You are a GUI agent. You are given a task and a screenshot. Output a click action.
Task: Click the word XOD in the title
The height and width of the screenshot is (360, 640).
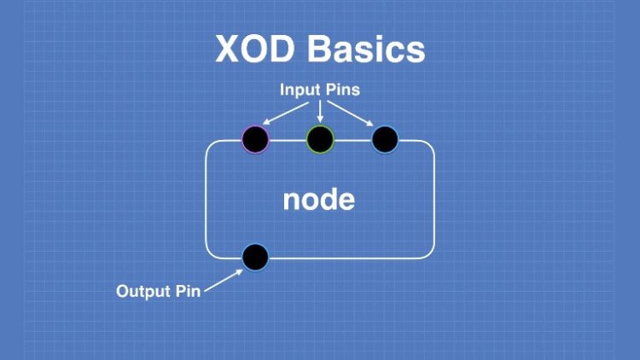256,49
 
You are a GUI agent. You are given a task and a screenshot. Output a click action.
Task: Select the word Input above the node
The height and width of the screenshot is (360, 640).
301,89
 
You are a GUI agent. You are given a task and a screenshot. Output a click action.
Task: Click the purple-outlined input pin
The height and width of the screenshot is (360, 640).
254,139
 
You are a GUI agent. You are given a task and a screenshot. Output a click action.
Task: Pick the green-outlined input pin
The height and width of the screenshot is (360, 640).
320,139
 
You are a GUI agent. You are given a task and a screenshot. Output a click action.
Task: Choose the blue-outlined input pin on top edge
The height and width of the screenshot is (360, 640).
385,139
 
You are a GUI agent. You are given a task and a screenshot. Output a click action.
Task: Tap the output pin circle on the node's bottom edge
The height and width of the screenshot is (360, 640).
254,256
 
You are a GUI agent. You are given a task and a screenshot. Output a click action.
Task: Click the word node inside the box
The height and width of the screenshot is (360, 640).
318,199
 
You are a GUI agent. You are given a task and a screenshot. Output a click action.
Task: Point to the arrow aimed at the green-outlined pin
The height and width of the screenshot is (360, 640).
320,110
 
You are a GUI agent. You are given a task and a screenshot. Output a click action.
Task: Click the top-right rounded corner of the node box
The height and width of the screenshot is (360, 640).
428,146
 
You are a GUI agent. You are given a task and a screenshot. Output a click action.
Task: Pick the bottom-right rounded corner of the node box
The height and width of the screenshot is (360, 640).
428,251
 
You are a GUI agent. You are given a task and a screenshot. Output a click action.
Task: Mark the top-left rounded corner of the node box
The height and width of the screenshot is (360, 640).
211,146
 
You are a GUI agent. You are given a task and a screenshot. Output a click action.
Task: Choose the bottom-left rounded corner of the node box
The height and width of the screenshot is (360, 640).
211,251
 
